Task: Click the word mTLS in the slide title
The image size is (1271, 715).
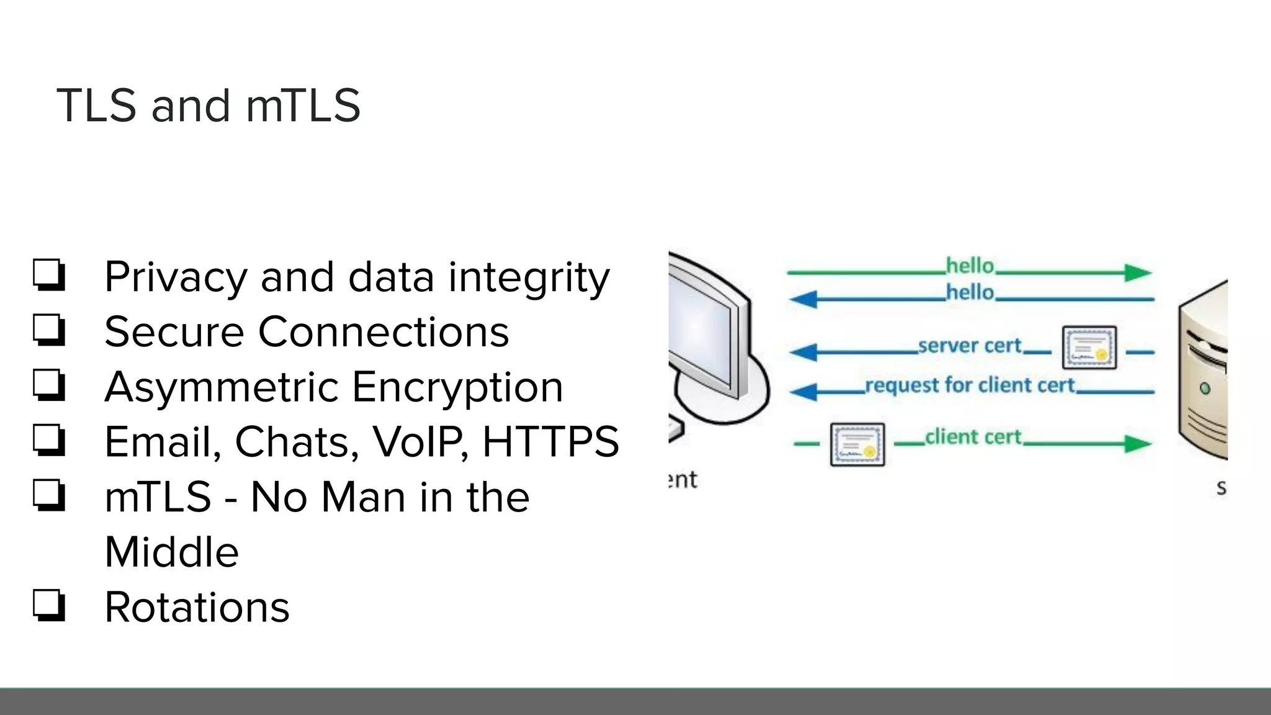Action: coord(303,106)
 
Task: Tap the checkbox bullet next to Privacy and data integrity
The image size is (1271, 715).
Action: coord(49,275)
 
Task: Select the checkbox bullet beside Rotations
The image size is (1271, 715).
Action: coord(49,605)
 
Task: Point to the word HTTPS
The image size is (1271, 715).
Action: coord(550,442)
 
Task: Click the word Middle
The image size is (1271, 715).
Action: coord(171,552)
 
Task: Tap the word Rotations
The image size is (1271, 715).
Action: coord(197,606)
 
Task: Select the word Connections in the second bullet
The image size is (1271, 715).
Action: coord(383,332)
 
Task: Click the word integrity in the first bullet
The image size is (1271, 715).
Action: coord(529,277)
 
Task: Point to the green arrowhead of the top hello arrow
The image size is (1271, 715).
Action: coord(1138,272)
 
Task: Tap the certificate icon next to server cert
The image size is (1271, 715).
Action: coord(1089,348)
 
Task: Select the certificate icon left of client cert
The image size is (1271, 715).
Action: coord(857,444)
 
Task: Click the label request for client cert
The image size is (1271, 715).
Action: coord(969,385)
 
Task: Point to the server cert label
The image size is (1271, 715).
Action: coord(969,346)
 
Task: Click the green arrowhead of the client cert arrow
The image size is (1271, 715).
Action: coord(1138,444)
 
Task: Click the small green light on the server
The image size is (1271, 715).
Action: coord(1205,389)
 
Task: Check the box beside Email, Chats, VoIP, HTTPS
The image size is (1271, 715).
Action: coord(49,440)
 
